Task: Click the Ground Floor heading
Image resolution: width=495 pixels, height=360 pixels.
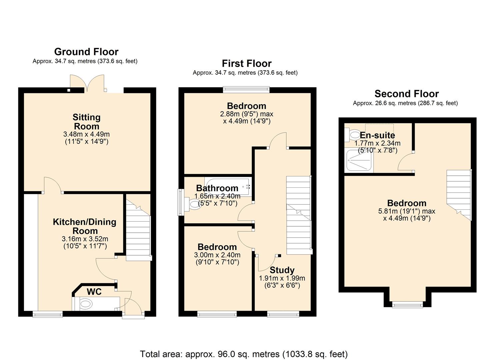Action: pyautogui.click(x=86, y=52)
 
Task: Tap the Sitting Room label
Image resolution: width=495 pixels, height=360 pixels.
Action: pyautogui.click(x=86, y=122)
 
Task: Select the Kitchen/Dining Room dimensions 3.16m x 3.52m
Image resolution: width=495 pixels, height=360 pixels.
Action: pyautogui.click(x=85, y=239)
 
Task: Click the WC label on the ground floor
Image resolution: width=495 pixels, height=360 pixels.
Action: pyautogui.click(x=94, y=292)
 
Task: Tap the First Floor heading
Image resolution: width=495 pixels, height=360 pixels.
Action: pyautogui.click(x=247, y=64)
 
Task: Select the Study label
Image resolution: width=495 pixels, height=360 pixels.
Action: pyautogui.click(x=282, y=270)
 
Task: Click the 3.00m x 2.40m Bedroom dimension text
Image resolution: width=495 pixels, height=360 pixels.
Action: pyautogui.click(x=217, y=255)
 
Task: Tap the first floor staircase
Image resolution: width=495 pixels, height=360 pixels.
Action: pyautogui.click(x=298, y=215)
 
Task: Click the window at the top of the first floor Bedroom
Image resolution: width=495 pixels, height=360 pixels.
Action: pyautogui.click(x=246, y=89)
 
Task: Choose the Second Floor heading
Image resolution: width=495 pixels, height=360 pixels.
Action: pyautogui.click(x=406, y=94)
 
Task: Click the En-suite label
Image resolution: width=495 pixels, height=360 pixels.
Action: pyautogui.click(x=377, y=135)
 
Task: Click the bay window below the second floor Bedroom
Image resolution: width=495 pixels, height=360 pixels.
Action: pyautogui.click(x=407, y=304)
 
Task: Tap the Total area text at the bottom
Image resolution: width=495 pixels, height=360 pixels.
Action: pyautogui.click(x=244, y=354)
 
